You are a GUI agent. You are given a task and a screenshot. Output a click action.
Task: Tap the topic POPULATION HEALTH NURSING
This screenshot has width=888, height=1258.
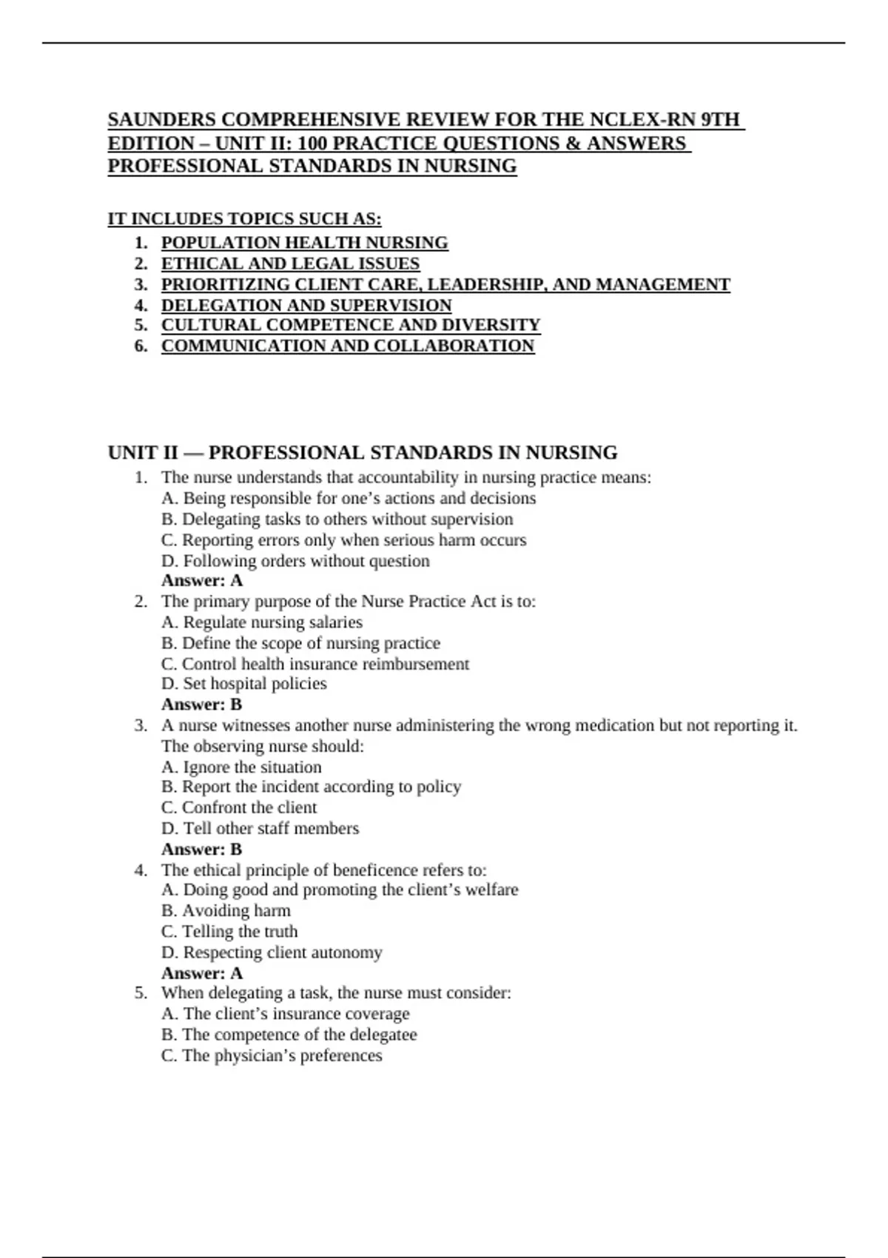(304, 243)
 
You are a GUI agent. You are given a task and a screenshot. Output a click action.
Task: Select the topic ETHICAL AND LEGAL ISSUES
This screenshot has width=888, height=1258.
(290, 263)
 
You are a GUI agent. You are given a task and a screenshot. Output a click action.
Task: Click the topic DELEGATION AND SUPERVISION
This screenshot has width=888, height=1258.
(306, 305)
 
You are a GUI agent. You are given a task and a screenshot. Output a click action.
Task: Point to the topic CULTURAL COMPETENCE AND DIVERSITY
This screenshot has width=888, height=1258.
(351, 325)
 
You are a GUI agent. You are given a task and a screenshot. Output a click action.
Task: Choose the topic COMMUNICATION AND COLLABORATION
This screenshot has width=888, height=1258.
(348, 346)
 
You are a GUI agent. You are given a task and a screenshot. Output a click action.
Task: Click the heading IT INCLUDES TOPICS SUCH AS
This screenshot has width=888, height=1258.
(244, 219)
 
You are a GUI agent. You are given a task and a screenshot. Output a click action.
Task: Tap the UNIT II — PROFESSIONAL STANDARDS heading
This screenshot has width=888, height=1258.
(363, 452)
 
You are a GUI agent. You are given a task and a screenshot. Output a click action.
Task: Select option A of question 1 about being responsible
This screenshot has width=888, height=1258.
(349, 498)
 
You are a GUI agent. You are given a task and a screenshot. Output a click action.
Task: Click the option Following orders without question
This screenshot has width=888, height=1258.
(295, 561)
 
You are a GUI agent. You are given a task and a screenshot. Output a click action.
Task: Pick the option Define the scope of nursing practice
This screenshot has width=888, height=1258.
(300, 643)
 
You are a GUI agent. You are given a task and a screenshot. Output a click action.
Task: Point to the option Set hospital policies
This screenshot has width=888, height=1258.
(244, 684)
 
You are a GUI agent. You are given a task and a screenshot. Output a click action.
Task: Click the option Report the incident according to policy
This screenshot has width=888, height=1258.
(311, 787)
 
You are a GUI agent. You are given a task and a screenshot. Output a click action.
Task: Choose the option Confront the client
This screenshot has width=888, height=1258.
(239, 807)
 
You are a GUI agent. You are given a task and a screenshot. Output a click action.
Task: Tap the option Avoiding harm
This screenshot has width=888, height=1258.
(226, 910)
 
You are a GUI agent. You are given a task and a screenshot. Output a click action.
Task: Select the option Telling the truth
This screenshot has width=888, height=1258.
(229, 931)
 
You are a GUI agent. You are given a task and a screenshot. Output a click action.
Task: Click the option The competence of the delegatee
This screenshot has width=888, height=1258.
(289, 1035)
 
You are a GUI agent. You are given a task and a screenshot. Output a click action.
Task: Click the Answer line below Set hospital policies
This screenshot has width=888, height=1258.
(201, 704)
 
